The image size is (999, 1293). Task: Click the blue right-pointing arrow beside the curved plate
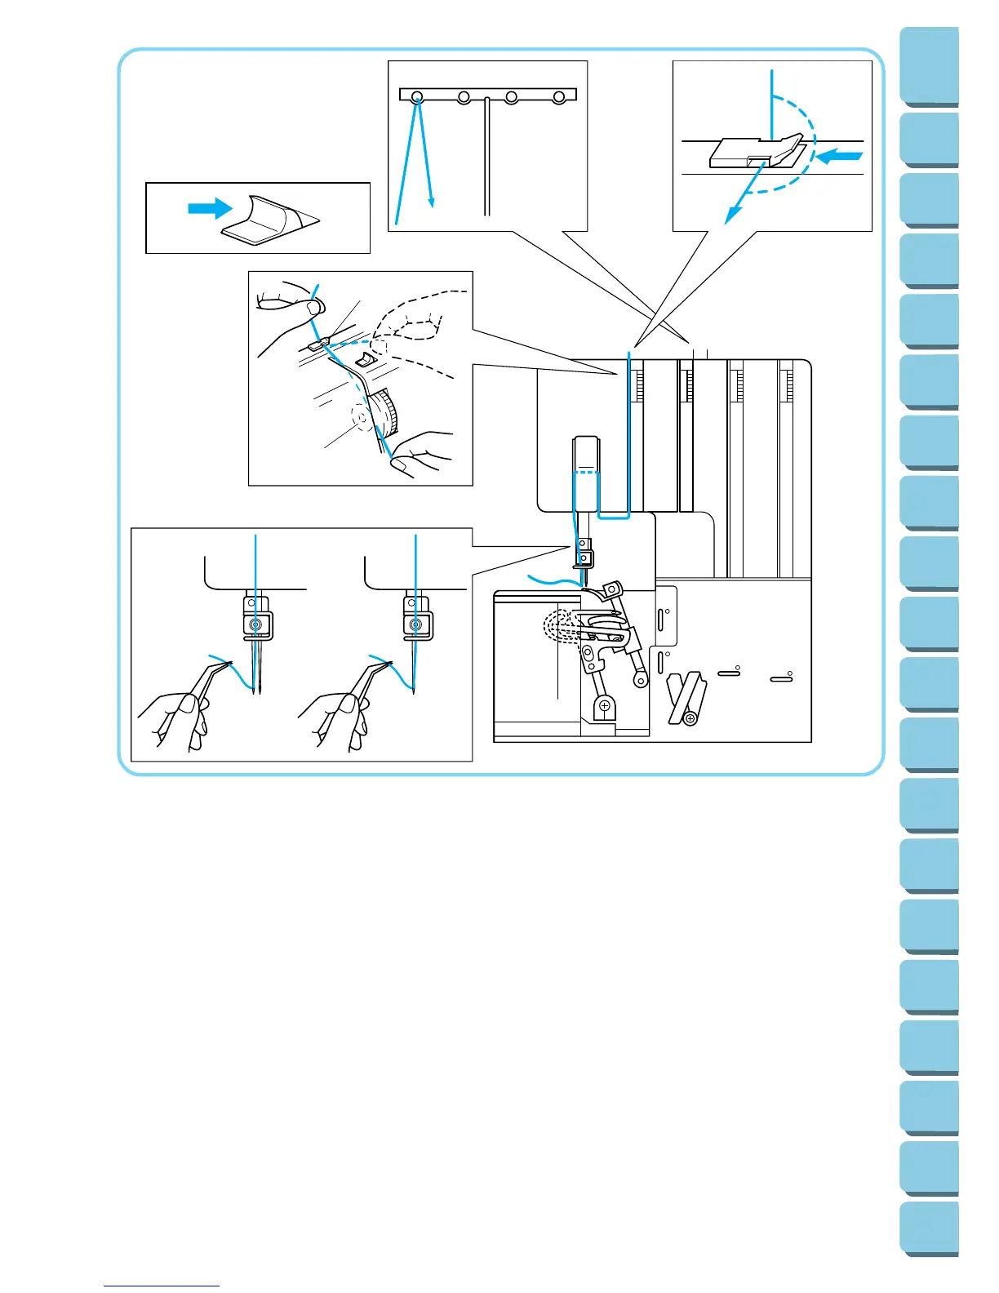tap(209, 209)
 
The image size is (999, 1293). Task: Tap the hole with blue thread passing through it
tap(417, 97)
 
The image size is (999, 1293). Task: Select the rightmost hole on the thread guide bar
tap(559, 97)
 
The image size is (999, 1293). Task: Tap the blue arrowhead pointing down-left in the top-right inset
tap(732, 215)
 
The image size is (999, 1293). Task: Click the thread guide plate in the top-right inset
tap(755, 151)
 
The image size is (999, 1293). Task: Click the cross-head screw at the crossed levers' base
tap(690, 718)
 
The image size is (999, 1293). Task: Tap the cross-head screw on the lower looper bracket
tap(604, 705)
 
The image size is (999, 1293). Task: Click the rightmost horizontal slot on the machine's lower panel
tap(781, 678)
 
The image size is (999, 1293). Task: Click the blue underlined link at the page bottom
tap(162, 1286)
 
